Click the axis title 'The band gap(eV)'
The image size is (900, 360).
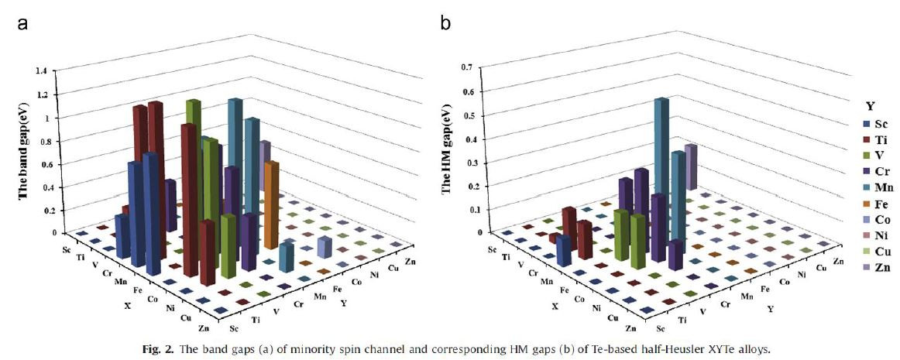pyautogui.click(x=23, y=152)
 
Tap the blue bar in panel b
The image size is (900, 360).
pyautogui.click(x=564, y=249)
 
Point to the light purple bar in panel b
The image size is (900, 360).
pyautogui.click(x=690, y=166)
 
